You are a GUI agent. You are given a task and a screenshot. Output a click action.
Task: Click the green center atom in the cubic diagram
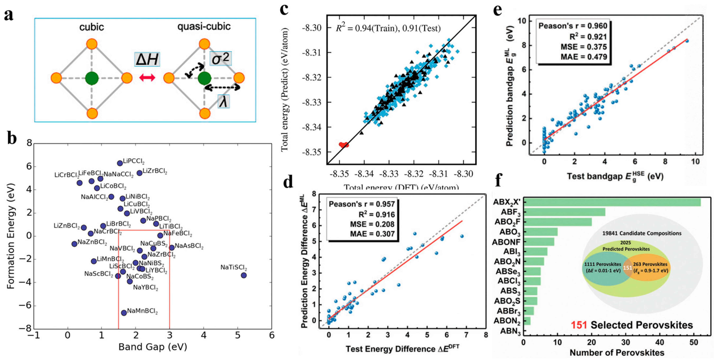(92, 78)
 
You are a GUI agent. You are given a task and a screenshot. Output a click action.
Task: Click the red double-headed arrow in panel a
(147, 78)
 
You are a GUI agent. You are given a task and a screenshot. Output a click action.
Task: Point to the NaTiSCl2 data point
(244, 275)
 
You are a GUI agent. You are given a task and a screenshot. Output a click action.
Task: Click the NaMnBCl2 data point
(124, 313)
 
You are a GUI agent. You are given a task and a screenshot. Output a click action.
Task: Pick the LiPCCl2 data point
(120, 163)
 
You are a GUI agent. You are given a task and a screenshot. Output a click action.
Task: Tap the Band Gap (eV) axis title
(152, 347)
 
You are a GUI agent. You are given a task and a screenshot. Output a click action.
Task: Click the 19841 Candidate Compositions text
(642, 233)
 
